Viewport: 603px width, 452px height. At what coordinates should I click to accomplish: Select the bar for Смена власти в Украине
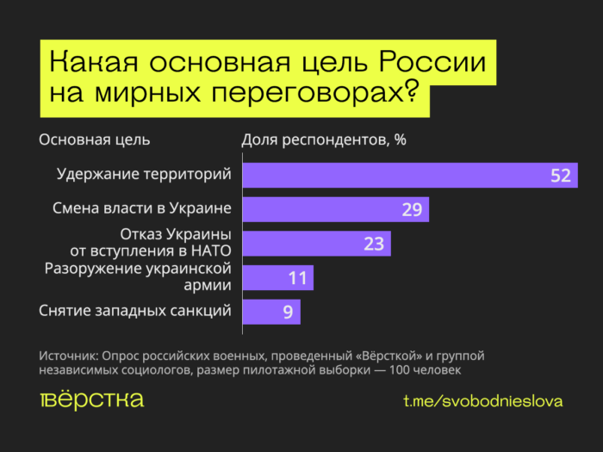[x=335, y=209]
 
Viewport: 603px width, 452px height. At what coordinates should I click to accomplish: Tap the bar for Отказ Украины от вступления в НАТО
[x=316, y=244]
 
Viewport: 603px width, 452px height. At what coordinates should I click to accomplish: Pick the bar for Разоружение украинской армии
[x=277, y=278]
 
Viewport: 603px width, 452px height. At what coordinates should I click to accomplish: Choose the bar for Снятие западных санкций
[x=271, y=312]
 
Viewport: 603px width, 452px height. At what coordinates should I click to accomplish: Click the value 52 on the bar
[x=561, y=176]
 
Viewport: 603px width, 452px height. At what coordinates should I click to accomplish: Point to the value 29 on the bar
[x=412, y=210]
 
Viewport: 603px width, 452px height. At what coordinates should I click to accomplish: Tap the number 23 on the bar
[x=374, y=244]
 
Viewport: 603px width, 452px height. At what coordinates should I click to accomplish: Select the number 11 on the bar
[x=297, y=278]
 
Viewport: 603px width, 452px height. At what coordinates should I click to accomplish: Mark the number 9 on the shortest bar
[x=288, y=312]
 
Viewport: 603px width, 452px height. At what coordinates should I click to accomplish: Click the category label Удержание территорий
[x=144, y=174]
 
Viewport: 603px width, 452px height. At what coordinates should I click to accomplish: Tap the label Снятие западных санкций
[x=135, y=311]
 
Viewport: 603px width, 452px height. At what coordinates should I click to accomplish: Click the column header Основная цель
[x=95, y=139]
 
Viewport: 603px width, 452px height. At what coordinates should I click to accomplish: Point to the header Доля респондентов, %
[x=323, y=139]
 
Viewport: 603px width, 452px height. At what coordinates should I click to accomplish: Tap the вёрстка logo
[x=92, y=400]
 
